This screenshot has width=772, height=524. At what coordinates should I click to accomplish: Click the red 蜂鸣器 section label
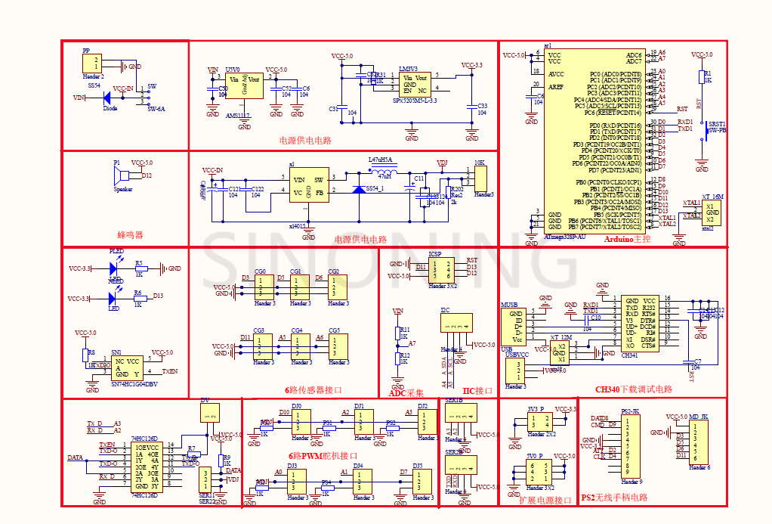tap(129, 235)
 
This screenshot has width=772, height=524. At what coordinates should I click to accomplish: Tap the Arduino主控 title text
tap(627, 239)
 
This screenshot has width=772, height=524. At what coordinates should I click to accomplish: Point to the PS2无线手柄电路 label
tap(614, 498)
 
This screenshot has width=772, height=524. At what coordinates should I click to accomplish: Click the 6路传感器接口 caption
tap(313, 390)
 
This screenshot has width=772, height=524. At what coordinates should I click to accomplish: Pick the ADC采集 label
tap(406, 392)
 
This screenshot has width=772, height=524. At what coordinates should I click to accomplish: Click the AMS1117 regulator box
tap(244, 85)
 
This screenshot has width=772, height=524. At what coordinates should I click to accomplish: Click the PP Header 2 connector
tap(93, 64)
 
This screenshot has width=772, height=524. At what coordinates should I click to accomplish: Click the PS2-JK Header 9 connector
tap(630, 446)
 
